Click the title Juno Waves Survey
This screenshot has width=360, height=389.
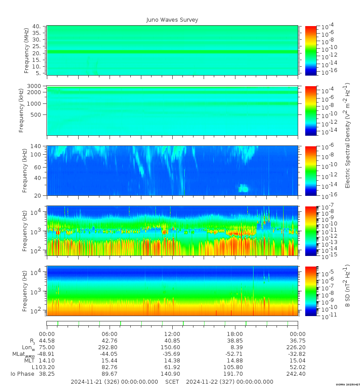172,20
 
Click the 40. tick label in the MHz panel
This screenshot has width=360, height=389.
37,27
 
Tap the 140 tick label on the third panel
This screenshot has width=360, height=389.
35,146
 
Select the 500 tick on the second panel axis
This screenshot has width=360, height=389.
36,114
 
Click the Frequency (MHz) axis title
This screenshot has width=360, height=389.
27,50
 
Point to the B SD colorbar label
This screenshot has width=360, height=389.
347,286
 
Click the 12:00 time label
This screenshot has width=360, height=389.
172,334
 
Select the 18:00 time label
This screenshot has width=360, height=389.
235,334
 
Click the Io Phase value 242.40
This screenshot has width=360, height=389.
297,374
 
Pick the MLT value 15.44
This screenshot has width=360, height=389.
110,361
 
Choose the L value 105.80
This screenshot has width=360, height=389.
235,367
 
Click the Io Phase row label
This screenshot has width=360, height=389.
22,374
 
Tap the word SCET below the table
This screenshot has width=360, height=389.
172,381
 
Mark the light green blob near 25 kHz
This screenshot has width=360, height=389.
243,189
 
